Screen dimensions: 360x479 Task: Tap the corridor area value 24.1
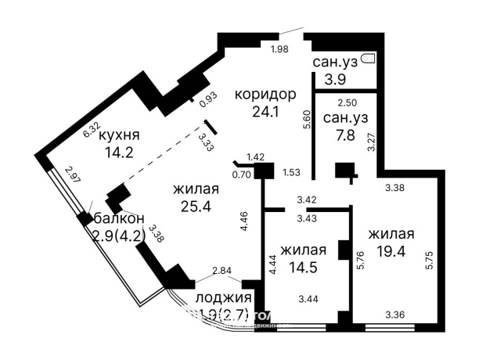265,112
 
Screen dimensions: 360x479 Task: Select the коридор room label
265,95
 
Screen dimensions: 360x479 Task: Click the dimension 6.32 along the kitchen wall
92,131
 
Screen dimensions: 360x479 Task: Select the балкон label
118,219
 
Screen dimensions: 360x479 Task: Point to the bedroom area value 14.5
302,267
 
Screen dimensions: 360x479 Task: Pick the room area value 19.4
391,251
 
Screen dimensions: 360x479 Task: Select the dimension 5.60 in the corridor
307,119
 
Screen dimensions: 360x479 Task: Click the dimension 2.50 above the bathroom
347,103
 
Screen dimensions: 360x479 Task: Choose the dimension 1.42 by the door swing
256,157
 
